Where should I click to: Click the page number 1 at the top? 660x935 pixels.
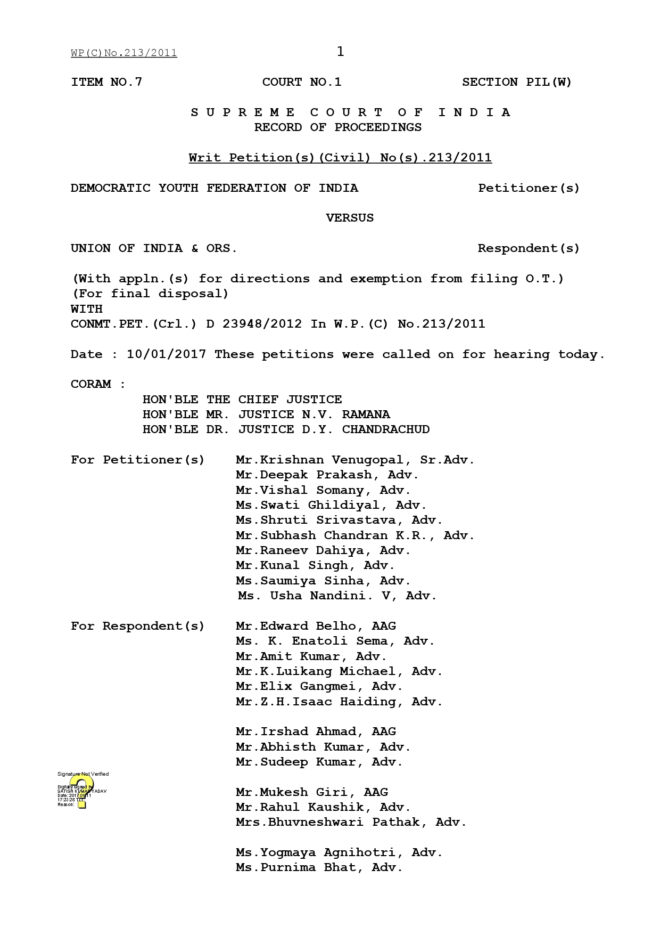[341, 52]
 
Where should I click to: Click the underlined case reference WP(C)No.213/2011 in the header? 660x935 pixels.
[123, 53]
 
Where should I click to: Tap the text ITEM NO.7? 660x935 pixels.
[106, 82]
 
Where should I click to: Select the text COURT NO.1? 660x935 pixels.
[302, 82]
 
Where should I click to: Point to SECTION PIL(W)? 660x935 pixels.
[516, 82]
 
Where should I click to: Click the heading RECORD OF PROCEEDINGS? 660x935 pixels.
[337, 127]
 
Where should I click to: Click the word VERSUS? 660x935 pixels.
[350, 218]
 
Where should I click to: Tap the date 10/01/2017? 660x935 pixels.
[166, 354]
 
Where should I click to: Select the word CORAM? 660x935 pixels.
[91, 384]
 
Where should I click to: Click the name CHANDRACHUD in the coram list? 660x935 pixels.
[385, 429]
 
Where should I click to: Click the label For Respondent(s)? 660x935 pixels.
[137, 626]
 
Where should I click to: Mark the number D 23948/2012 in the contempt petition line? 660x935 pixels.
[254, 324]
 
